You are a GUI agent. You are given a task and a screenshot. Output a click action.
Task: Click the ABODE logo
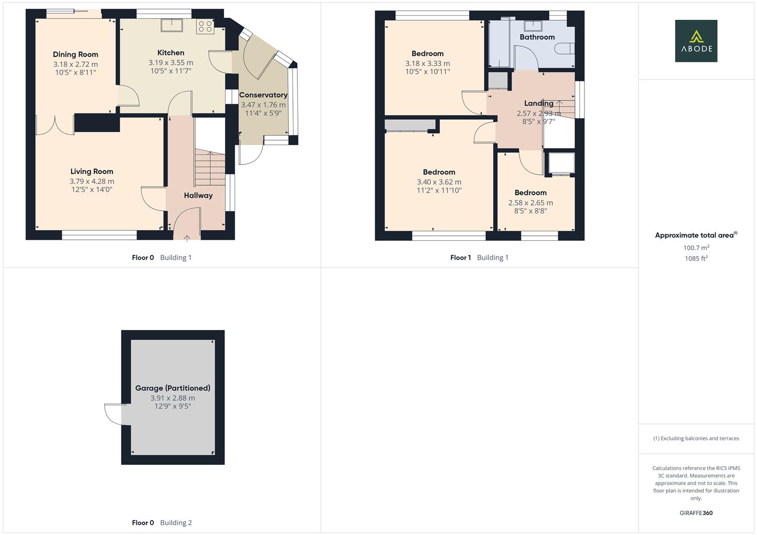696,41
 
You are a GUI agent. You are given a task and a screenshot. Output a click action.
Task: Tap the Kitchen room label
171,53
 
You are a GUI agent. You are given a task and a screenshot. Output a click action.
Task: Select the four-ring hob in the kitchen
205,26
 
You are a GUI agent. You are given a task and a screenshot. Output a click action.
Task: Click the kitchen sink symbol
172,25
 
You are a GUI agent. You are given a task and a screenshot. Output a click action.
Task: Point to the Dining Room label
75,54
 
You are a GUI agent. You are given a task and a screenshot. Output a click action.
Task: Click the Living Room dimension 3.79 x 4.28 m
92,181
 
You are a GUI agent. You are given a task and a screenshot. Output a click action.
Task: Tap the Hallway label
198,196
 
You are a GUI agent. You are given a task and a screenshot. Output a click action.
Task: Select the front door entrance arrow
187,238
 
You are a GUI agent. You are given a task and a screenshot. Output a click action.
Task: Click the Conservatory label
263,95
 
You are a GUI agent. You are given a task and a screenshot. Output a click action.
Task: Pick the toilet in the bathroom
565,49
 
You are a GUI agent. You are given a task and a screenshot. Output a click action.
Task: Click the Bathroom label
537,37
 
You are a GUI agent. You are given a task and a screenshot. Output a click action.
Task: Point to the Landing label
539,104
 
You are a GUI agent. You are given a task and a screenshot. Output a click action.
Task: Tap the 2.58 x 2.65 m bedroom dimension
530,203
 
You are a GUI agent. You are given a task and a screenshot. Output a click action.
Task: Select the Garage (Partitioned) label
173,388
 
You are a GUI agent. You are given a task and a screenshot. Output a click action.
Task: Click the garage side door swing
113,415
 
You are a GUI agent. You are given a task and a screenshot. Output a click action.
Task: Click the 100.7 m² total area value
696,248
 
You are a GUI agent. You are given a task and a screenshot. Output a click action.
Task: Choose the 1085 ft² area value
696,259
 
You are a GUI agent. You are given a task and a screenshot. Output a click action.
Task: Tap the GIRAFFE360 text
696,513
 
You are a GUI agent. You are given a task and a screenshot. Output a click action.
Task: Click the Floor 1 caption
460,258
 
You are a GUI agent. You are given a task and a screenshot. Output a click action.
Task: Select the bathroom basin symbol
533,26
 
